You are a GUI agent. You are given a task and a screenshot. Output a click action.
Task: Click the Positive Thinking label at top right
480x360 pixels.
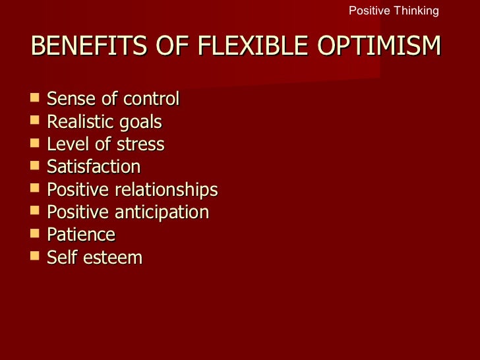pos(393,11)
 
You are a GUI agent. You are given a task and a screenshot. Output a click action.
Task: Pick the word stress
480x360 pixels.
pos(142,144)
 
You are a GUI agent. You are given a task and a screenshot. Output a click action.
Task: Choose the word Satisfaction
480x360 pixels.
pos(94,167)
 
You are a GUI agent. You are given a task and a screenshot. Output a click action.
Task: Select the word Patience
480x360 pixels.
pos(81,235)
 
